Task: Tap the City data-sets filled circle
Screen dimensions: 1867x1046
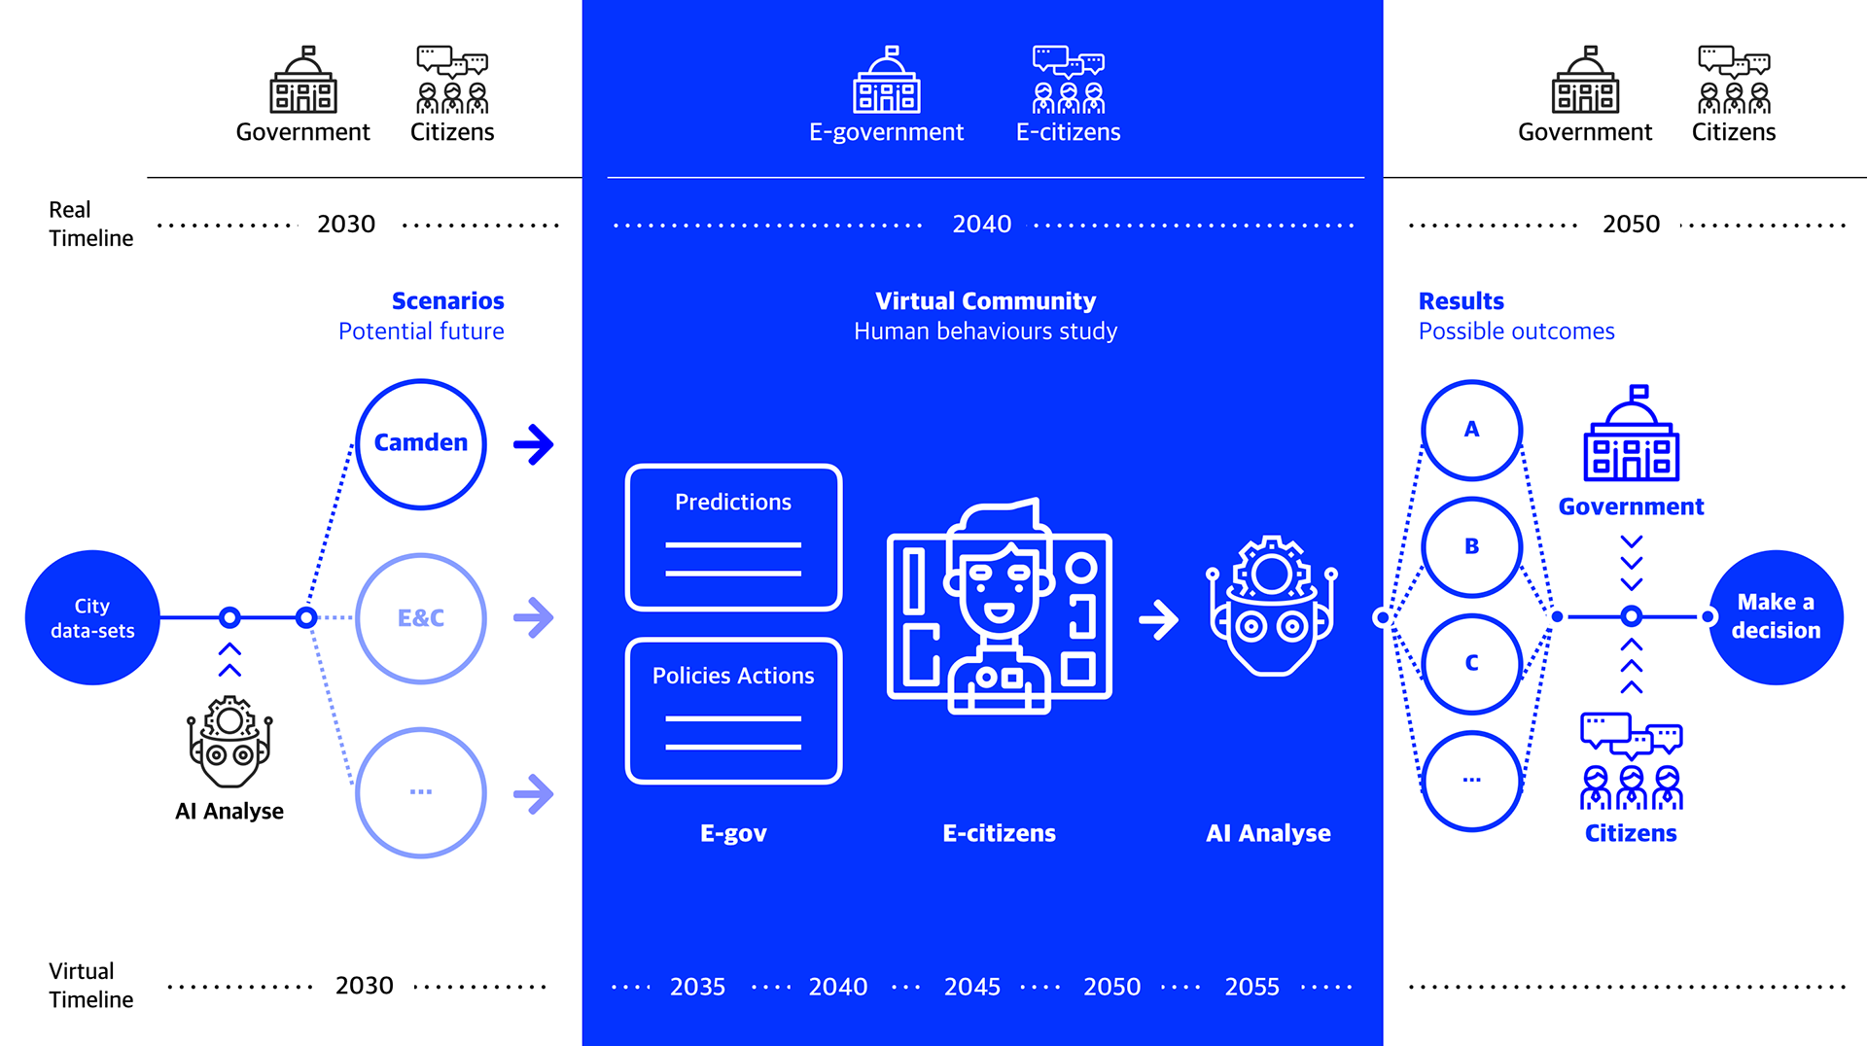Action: [x=92, y=617]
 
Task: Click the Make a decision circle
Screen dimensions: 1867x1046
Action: [x=1776, y=617]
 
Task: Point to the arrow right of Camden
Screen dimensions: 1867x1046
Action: [x=534, y=444]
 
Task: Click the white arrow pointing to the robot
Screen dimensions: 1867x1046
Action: [x=1158, y=619]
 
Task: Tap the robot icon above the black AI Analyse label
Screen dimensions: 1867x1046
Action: [x=229, y=741]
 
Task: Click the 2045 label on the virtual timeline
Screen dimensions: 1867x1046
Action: [x=972, y=987]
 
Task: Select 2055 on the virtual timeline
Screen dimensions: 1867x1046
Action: [x=1252, y=987]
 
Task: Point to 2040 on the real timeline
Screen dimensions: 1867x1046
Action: [x=982, y=225]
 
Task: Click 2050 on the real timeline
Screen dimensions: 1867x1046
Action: [x=1632, y=225]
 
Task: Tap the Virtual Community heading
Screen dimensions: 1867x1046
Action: [x=986, y=301]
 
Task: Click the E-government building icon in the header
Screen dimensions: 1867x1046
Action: [x=887, y=80]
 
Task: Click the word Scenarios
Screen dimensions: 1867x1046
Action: [x=448, y=301]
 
